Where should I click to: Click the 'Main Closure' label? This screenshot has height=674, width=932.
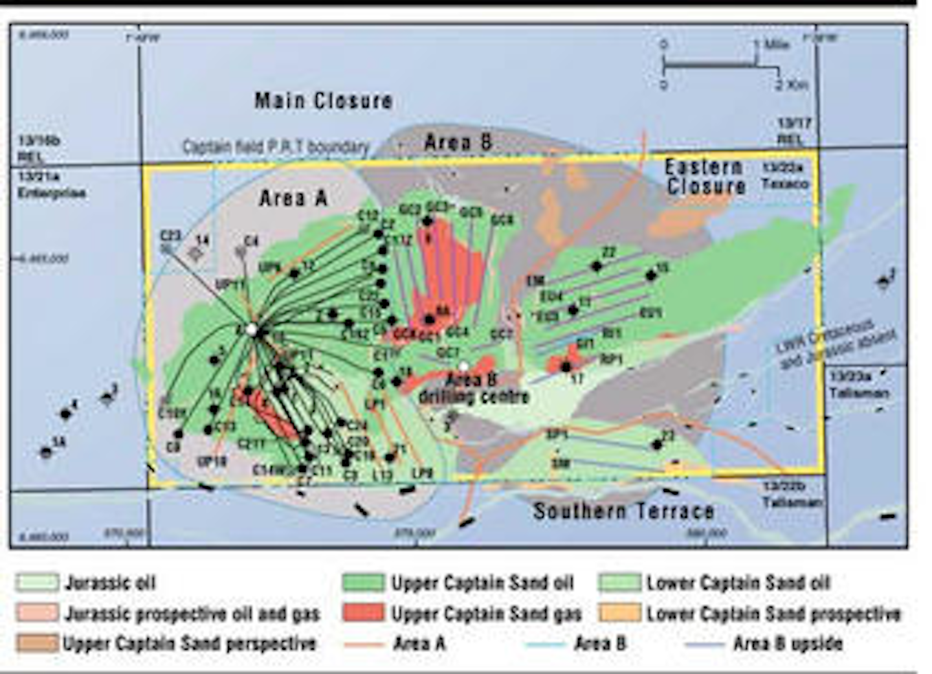point(323,101)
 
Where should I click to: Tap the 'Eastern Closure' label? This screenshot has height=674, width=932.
point(705,177)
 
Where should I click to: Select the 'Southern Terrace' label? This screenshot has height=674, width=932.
point(623,511)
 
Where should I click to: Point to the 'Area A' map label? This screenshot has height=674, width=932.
point(293,198)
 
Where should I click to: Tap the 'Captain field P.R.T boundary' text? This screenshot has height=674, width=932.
point(276,148)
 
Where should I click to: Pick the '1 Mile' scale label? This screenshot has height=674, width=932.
point(771,45)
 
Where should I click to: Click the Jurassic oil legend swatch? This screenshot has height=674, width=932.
point(37,582)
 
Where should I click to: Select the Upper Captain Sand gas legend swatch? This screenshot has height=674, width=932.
point(363,612)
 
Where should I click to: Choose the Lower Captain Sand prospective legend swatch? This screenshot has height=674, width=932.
point(619,612)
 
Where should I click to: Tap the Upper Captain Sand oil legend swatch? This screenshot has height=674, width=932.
point(363,582)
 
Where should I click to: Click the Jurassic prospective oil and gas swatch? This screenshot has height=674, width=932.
point(37,612)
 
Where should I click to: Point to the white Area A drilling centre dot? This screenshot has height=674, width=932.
point(252,330)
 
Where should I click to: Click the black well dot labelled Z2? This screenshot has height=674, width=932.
point(597,265)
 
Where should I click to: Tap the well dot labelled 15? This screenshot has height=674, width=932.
point(650,275)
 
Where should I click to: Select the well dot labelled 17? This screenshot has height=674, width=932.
point(566,366)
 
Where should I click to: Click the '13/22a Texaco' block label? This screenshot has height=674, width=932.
point(784,175)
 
